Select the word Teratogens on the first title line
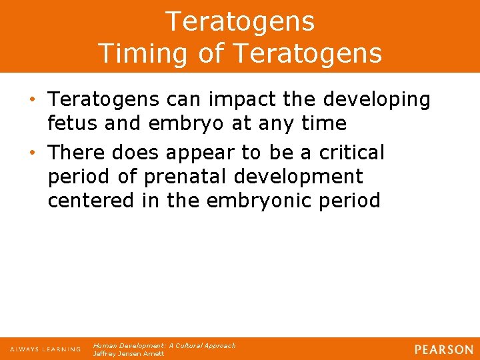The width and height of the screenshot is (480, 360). click(x=240, y=22)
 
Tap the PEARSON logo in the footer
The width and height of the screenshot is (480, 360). click(x=444, y=349)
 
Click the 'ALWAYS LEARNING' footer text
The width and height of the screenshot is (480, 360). click(x=45, y=349)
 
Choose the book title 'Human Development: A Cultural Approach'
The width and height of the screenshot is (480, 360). click(x=164, y=345)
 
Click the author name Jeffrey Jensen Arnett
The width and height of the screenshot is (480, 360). click(x=129, y=353)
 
